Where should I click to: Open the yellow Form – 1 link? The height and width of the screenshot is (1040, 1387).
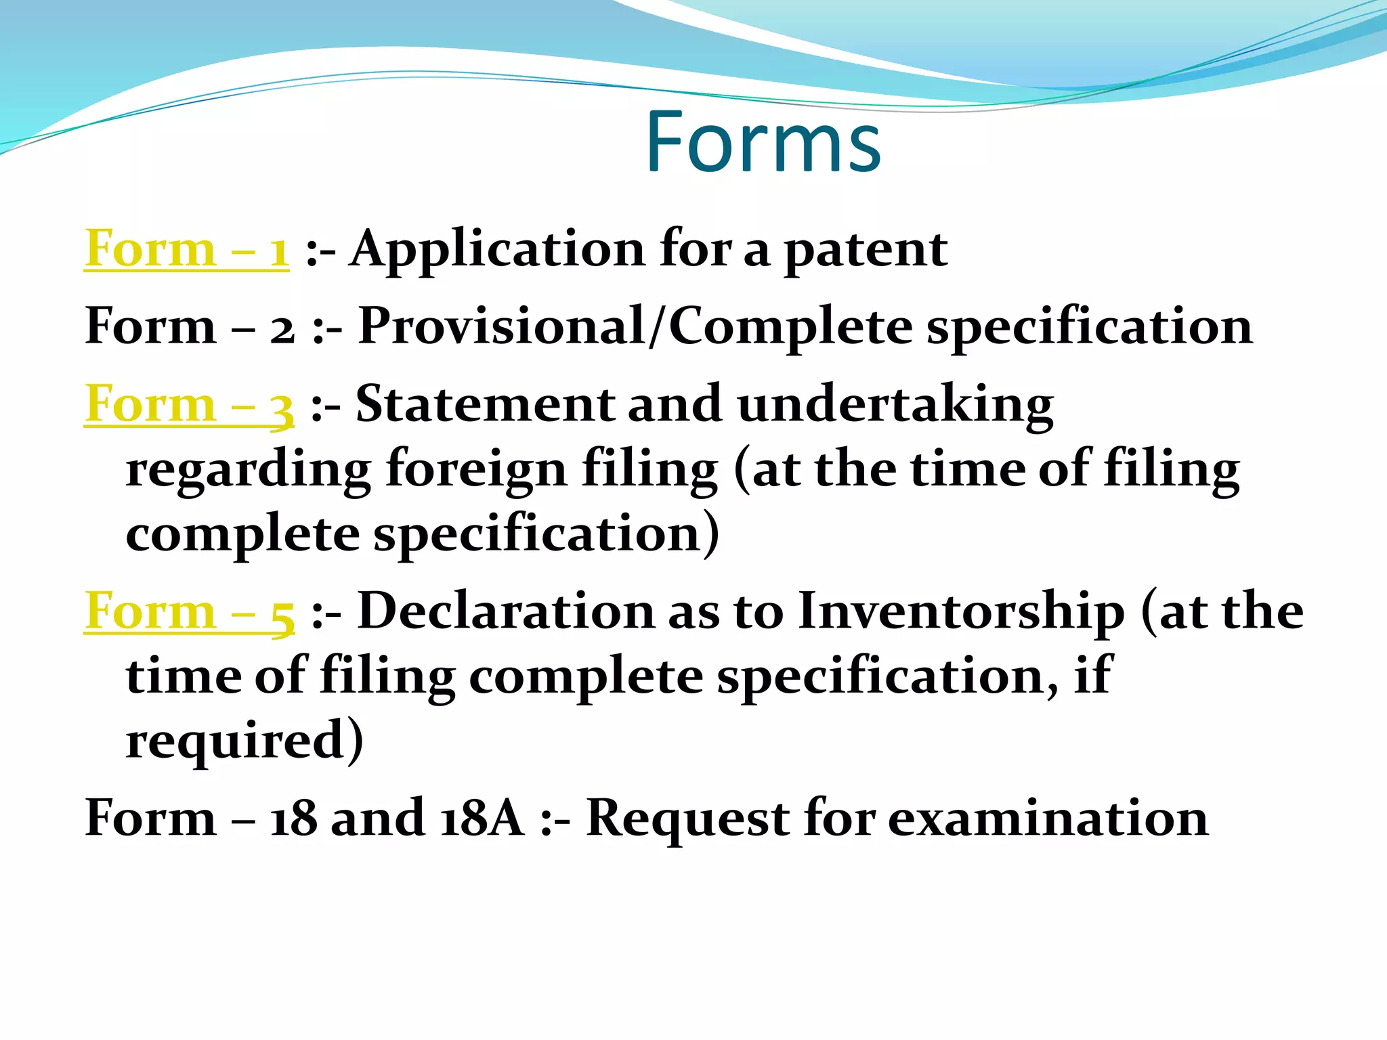[186, 249]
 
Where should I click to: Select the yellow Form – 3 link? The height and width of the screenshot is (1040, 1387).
[189, 404]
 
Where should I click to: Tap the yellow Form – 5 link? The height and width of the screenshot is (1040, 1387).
[190, 611]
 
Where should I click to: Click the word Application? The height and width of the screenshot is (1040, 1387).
[497, 249]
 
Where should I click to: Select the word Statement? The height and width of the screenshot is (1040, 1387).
[484, 404]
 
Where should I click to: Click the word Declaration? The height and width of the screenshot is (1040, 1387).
[505, 611]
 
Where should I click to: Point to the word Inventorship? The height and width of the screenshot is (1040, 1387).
[961, 611]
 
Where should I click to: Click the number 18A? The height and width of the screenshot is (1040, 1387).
[482, 818]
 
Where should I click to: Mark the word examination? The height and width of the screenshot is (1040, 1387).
[1048, 818]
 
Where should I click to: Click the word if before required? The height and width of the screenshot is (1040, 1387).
[1092, 675]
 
